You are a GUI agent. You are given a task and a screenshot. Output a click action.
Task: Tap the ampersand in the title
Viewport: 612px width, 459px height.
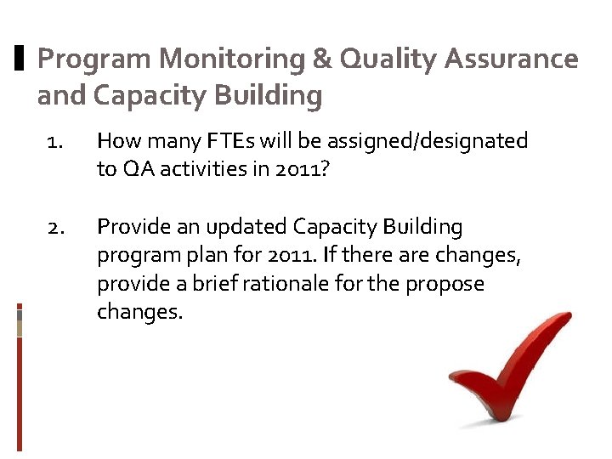[x=322, y=59]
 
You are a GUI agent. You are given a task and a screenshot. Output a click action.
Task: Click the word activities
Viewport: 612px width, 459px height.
[x=206, y=169]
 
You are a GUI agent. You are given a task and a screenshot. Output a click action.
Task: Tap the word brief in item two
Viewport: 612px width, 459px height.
[x=212, y=284]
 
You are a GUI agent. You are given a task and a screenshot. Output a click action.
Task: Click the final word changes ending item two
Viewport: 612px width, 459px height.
[x=139, y=312]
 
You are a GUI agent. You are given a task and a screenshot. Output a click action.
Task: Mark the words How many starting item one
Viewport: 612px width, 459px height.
[x=144, y=141]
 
